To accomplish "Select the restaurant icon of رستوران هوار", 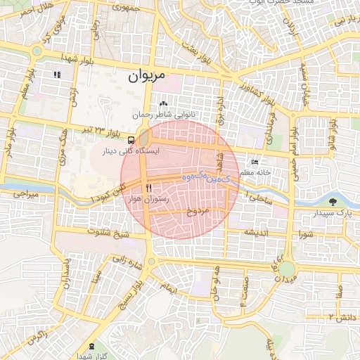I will point(148,188).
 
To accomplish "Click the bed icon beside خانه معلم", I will point(254,162).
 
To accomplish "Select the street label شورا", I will point(305,234).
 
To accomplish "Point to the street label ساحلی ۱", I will point(257,200).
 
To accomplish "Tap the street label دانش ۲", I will point(339,316).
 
